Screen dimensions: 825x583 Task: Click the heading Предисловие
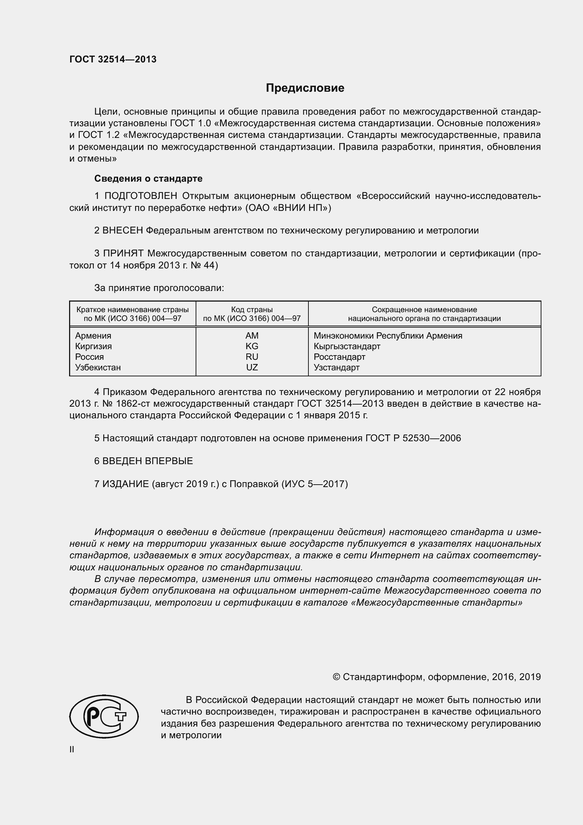[305, 88]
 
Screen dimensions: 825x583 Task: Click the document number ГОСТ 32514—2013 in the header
[113, 59]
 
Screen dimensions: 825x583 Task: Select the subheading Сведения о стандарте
[148, 178]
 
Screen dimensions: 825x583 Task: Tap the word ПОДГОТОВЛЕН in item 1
[141, 196]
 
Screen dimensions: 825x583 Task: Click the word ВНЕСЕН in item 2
[123, 230]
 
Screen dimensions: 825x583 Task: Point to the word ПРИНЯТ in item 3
[124, 253]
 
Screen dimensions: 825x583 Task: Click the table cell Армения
[93, 335]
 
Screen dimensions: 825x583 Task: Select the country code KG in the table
[252, 346]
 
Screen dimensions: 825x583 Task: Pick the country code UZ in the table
[252, 367]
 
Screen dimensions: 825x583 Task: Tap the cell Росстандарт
[339, 357]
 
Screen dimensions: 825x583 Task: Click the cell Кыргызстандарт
[347, 346]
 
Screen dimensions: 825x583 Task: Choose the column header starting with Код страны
[252, 314]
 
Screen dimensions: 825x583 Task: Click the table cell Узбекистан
[98, 367]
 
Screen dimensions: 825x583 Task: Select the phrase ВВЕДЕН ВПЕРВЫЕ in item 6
[148, 461]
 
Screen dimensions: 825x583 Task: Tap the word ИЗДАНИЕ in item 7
[125, 484]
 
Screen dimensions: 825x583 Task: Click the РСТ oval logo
[104, 716]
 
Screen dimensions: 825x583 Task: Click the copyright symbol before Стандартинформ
[336, 677]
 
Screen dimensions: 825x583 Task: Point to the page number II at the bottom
[72, 750]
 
